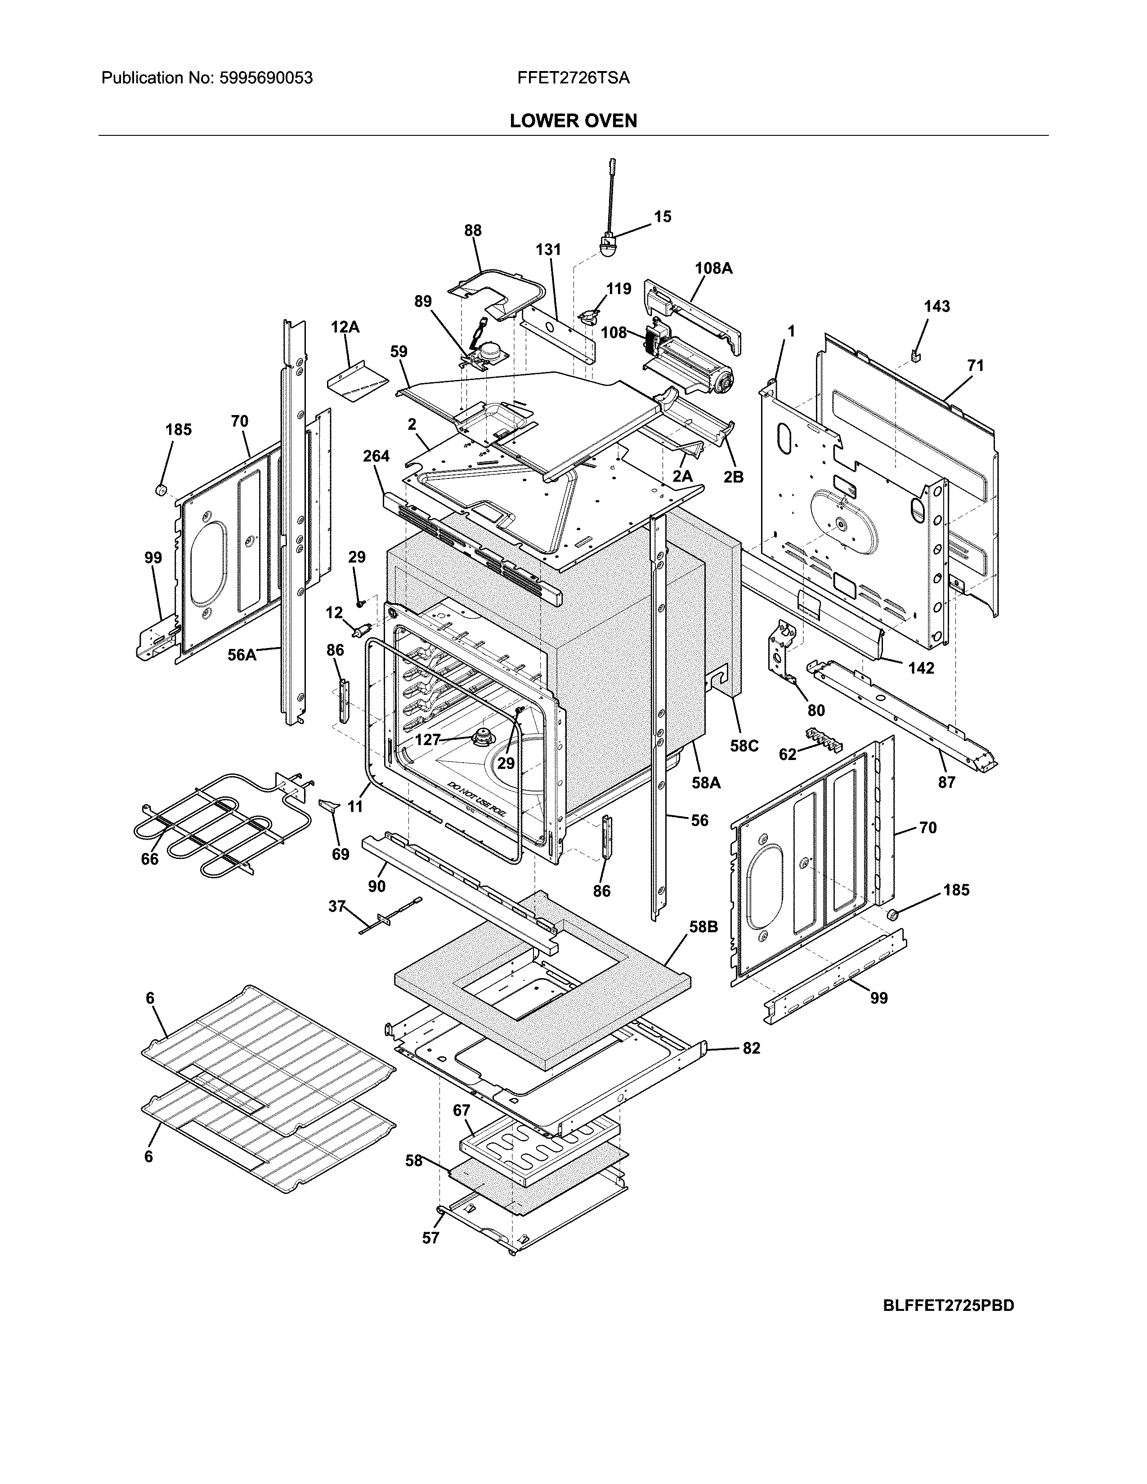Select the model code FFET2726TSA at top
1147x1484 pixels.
pyautogui.click(x=573, y=78)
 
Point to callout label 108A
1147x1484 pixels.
pyautogui.click(x=713, y=268)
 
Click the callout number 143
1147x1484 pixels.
pyautogui.click(x=936, y=306)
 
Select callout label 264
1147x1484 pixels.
pyautogui.click(x=376, y=456)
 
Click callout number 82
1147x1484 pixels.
pyautogui.click(x=751, y=1048)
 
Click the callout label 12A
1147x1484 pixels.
pyautogui.click(x=345, y=327)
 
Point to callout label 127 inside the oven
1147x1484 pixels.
pyautogui.click(x=427, y=740)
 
